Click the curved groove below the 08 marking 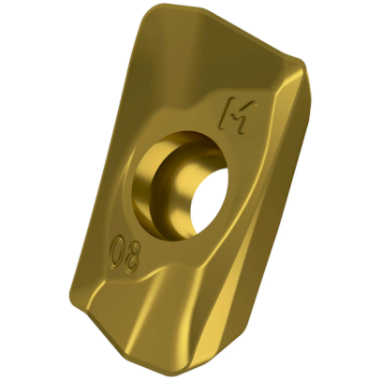[150, 290]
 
